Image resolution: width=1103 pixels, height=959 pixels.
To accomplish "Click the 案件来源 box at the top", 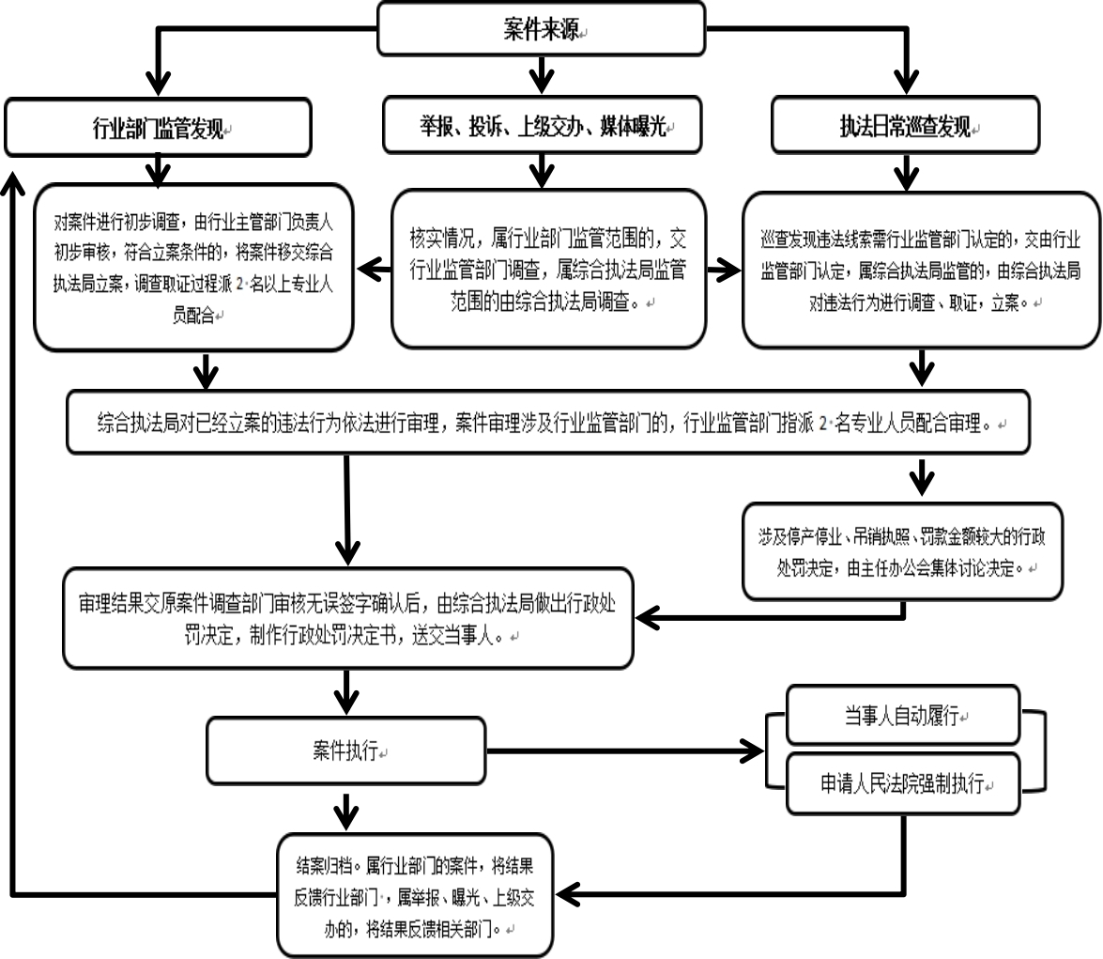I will tap(541, 28).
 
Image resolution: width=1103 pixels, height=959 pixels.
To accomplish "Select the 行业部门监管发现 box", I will tap(158, 128).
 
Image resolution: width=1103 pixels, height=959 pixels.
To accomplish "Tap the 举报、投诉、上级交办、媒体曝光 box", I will tap(543, 125).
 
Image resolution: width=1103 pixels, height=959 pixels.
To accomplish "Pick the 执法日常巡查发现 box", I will tap(905, 125).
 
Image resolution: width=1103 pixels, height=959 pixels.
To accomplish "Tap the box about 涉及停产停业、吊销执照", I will tap(902, 551).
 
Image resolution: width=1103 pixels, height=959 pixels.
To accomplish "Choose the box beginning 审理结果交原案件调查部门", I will tap(348, 617).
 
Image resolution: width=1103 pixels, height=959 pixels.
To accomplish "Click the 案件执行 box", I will tap(346, 750).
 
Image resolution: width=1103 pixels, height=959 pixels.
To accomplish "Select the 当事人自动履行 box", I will tap(902, 716).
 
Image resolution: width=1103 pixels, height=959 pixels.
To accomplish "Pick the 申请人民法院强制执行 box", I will tap(902, 782).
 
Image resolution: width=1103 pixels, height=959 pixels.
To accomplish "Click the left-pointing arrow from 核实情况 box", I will tap(374, 271).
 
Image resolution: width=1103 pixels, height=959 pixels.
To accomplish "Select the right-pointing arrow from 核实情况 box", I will tap(724, 271).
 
